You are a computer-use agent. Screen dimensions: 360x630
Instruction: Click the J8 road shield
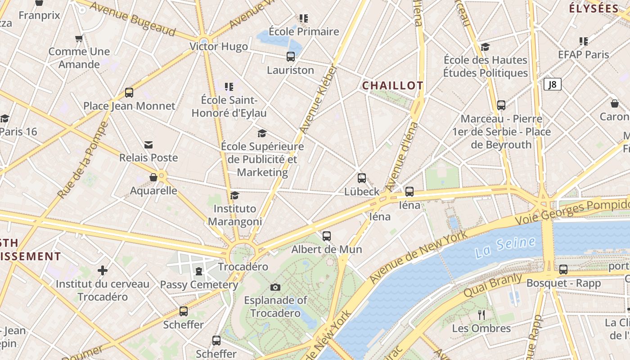(x=552, y=84)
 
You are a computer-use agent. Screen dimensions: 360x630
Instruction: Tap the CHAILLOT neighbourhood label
(x=393, y=85)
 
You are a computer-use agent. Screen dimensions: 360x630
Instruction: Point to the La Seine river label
(x=504, y=247)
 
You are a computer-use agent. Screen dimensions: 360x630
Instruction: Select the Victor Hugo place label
(x=219, y=46)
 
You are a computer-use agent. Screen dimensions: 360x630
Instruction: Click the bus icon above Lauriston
(x=291, y=57)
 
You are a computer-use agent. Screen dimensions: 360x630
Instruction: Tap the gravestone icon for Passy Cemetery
(x=198, y=271)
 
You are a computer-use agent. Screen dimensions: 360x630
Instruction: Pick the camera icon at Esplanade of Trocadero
(x=275, y=287)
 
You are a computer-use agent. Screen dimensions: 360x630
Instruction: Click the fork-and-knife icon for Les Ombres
(x=481, y=315)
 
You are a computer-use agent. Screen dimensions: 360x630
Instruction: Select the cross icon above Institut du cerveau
(x=103, y=270)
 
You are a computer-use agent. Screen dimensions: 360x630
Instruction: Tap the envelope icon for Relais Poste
(x=148, y=144)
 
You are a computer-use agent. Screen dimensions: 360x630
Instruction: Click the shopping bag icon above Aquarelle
(x=153, y=177)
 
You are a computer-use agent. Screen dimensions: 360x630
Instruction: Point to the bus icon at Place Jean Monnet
(x=129, y=93)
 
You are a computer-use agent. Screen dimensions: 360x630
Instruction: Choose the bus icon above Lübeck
(x=362, y=178)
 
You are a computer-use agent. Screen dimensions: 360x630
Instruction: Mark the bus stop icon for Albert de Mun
(x=327, y=236)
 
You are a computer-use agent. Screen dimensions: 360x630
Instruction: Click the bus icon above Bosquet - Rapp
(x=563, y=270)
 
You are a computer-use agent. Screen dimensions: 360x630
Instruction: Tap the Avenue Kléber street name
(x=319, y=99)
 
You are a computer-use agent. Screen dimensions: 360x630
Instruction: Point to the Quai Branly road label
(x=493, y=285)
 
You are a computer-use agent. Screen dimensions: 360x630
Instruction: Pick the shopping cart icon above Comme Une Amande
(x=79, y=39)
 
